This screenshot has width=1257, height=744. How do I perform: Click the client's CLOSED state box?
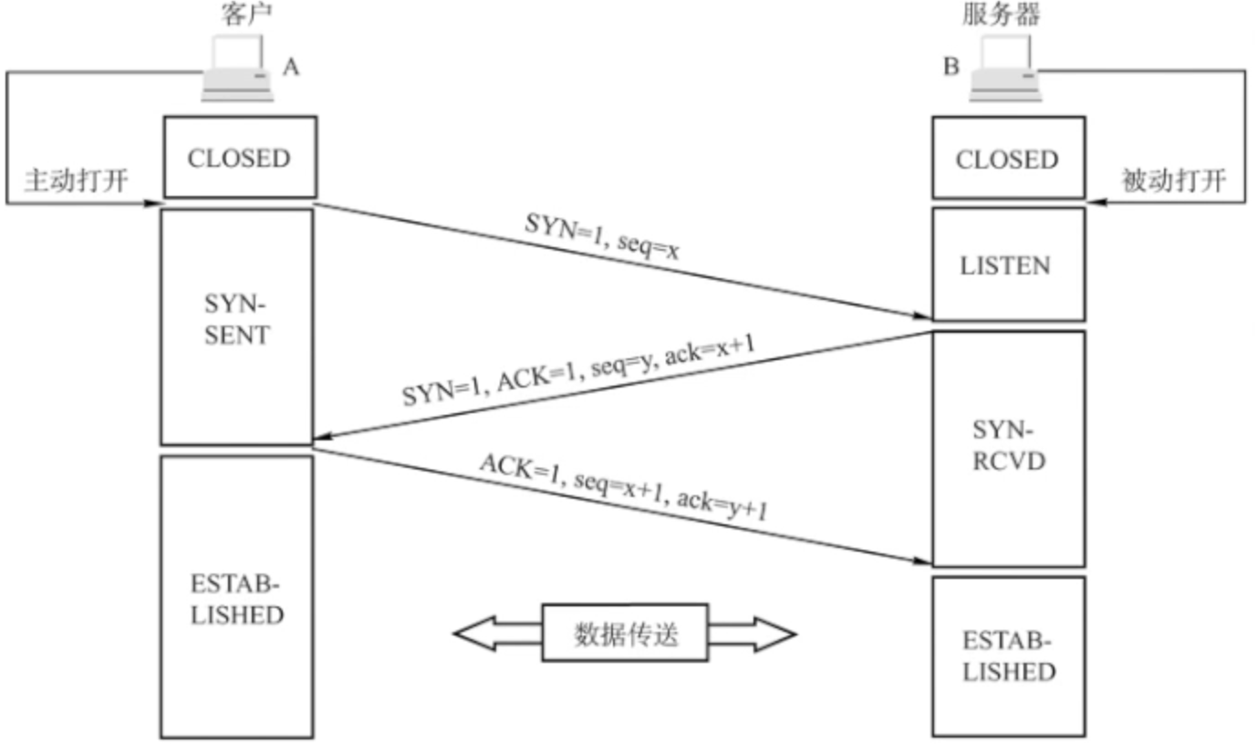pyautogui.click(x=240, y=157)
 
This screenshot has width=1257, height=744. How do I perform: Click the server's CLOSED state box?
pyautogui.click(x=1008, y=158)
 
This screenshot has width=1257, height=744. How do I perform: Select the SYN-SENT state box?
pyautogui.click(x=237, y=327)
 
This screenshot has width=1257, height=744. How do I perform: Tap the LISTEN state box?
pyautogui.click(x=1008, y=264)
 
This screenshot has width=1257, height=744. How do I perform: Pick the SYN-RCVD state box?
pyautogui.click(x=1008, y=449)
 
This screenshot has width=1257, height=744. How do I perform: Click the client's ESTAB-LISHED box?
pyautogui.click(x=237, y=597)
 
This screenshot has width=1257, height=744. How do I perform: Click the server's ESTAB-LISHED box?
pyautogui.click(x=1008, y=656)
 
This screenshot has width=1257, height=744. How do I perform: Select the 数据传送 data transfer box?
pyautogui.click(x=625, y=633)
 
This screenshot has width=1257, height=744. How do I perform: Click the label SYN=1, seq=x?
pyautogui.click(x=602, y=236)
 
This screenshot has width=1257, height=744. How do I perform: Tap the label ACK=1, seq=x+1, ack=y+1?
pyautogui.click(x=623, y=487)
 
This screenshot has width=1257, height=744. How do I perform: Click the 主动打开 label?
pyautogui.click(x=77, y=181)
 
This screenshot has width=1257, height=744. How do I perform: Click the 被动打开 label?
pyautogui.click(x=1173, y=181)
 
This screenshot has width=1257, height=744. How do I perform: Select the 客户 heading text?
pyautogui.click(x=246, y=14)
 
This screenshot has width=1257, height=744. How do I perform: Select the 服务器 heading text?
pyautogui.click(x=1001, y=14)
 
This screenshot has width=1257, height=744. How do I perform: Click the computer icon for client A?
pyautogui.click(x=237, y=68)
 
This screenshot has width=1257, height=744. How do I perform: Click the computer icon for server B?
pyautogui.click(x=1005, y=68)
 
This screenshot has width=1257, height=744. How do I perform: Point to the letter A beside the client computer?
pyautogui.click(x=291, y=67)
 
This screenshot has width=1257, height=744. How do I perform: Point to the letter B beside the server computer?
pyautogui.click(x=951, y=67)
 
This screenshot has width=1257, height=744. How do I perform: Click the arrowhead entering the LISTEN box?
pyautogui.click(x=921, y=315)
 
